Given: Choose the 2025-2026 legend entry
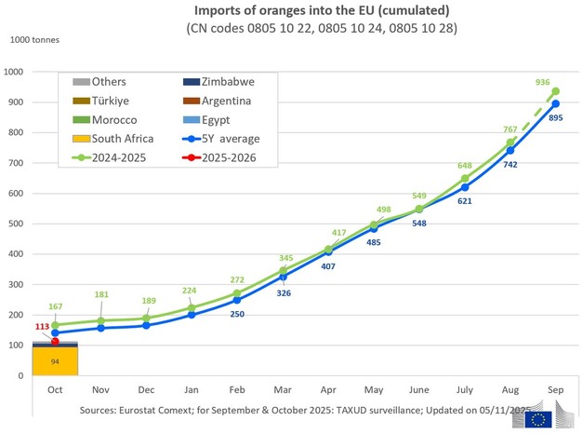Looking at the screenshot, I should tap(226, 158).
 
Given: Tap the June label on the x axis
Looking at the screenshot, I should tap(419, 389).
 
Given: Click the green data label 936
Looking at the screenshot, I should tap(544, 82).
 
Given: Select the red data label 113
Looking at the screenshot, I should tap(42, 327).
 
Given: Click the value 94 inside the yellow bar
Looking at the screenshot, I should tap(55, 360).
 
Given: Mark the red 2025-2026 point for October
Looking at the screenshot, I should tap(55, 341).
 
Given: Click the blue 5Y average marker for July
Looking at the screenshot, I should tap(465, 187).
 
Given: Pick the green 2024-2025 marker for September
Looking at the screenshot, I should tap(555, 91).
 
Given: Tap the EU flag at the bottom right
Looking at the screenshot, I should tap(537, 418).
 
